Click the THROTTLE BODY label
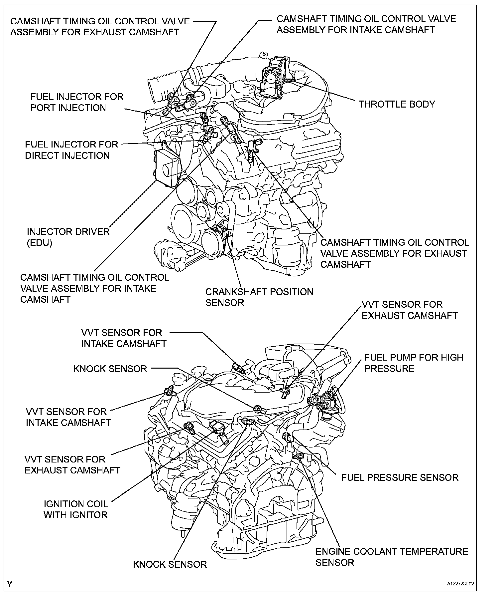point(397,104)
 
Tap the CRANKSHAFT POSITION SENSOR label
point(259,297)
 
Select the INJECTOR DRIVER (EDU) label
point(68,237)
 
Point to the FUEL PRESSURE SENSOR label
point(400,477)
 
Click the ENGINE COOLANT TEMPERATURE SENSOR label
point(392,557)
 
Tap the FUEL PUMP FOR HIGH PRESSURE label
point(414,363)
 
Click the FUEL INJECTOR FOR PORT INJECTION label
point(76,102)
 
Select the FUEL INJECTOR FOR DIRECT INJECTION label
point(71,150)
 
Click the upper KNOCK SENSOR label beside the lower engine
point(110,369)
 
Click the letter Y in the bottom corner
point(10,584)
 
